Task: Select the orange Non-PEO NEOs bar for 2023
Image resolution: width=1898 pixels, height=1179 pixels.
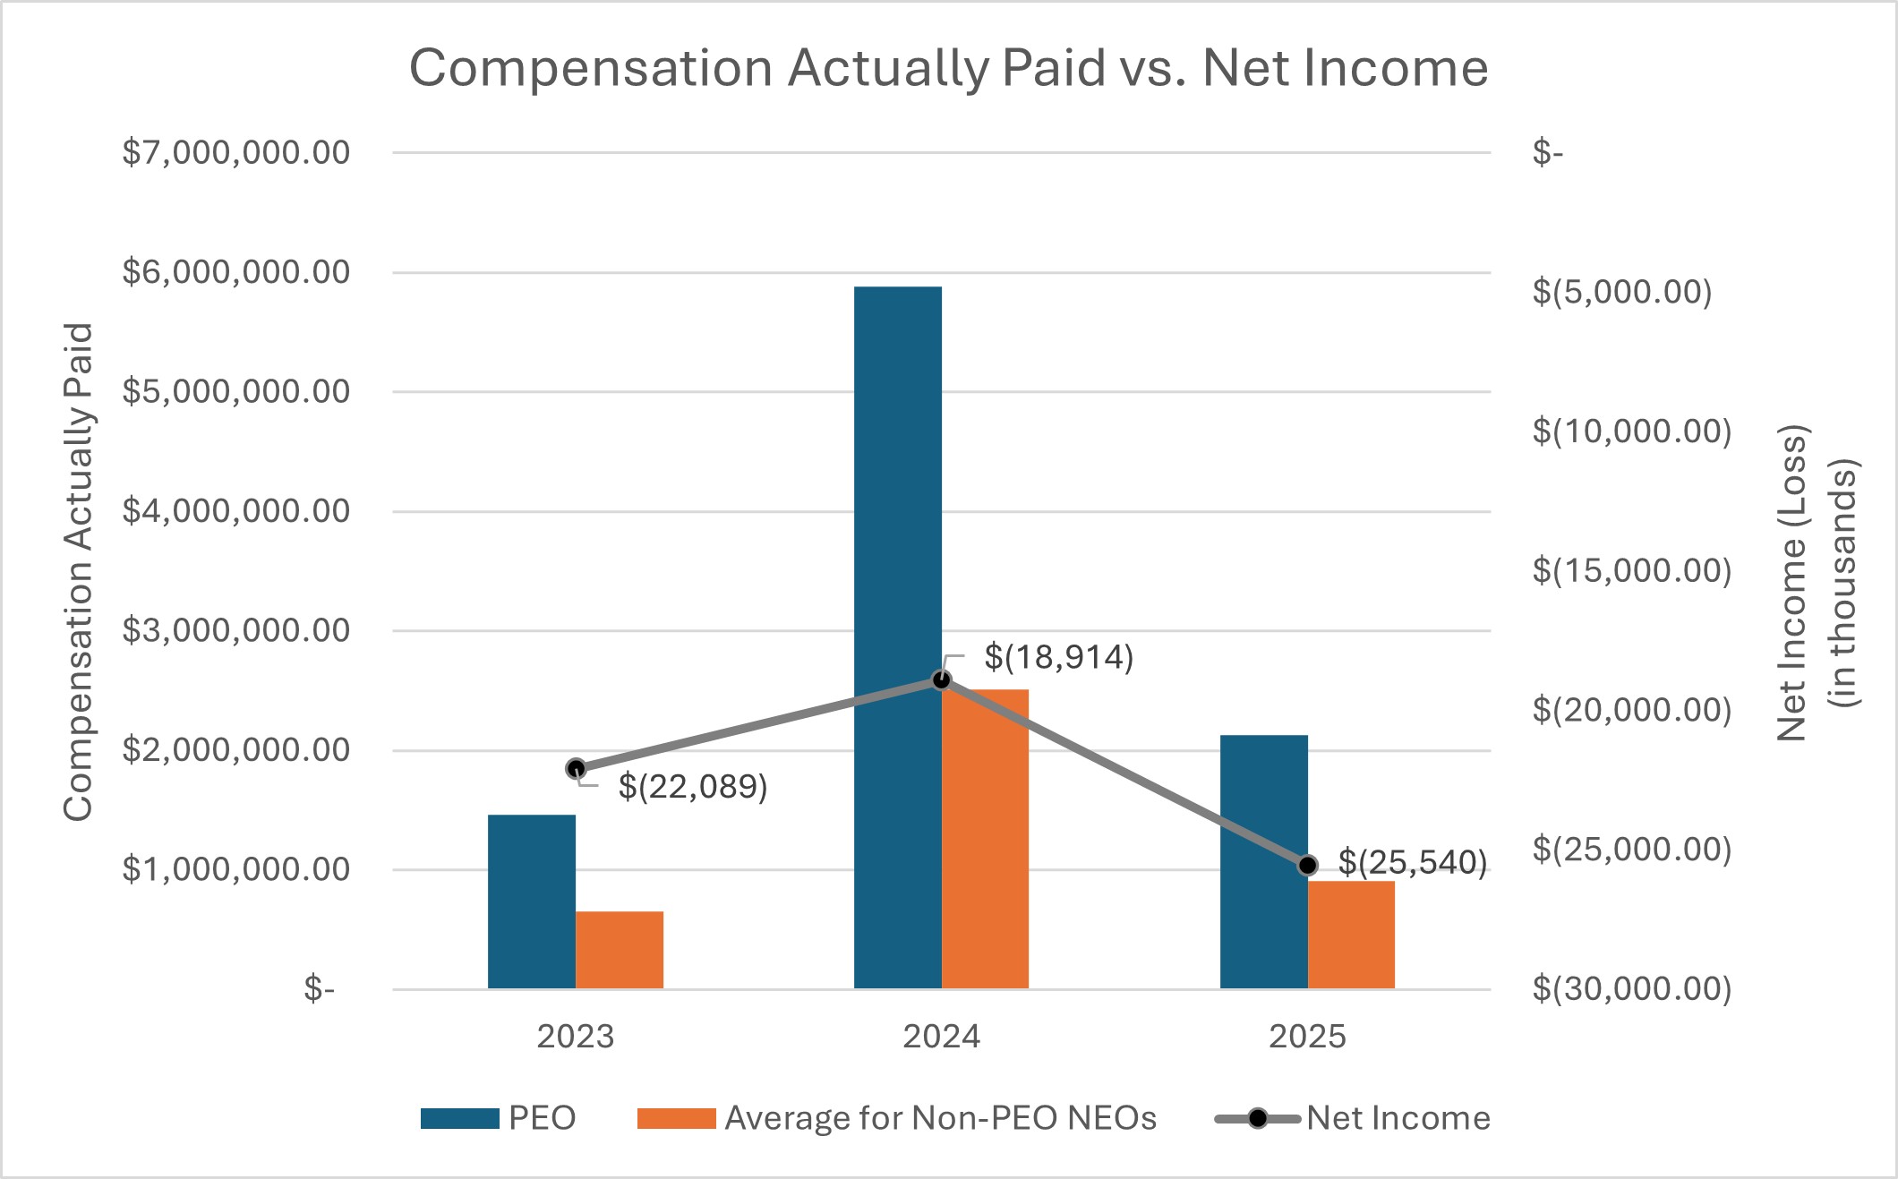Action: coord(620,950)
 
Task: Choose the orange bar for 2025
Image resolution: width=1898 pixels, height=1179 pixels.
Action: coord(1351,935)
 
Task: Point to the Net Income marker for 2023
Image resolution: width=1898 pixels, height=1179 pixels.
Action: coord(577,768)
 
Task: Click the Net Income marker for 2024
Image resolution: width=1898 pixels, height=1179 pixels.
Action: coord(942,680)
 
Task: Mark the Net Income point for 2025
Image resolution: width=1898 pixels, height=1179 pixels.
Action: coord(1308,865)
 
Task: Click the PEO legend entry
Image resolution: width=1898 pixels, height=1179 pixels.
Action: coord(498,1118)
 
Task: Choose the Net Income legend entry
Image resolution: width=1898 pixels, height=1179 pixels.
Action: coord(1352,1118)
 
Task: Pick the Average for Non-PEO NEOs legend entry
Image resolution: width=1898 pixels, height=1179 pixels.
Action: coord(896,1118)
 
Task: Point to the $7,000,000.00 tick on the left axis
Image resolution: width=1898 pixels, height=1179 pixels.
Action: coord(235,153)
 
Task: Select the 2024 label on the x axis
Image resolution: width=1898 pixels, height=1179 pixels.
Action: coord(942,1037)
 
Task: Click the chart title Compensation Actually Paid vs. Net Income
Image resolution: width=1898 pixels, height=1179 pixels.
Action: coord(948,68)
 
